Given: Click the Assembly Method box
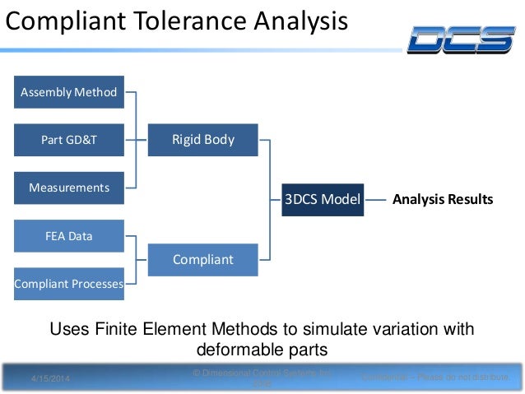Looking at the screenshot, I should (x=69, y=92).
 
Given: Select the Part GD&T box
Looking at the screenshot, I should (x=69, y=140).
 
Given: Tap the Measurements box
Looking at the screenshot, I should (x=69, y=188).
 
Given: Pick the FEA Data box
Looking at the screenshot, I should (x=69, y=236).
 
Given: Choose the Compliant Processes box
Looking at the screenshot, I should (x=69, y=284).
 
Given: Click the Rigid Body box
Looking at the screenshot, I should (x=203, y=140).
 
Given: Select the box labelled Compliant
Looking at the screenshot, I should (x=203, y=260).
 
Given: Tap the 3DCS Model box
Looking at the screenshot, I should (x=323, y=199).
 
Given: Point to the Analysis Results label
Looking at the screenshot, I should (x=443, y=199).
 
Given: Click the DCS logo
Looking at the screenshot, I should (x=462, y=39).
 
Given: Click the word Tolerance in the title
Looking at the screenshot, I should (x=178, y=21).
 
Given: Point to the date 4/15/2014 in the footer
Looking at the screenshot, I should (x=51, y=378).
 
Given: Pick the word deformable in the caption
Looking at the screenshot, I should (x=226, y=350).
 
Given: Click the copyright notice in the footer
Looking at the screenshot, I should (x=262, y=378).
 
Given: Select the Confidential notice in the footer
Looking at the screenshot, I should (x=435, y=377).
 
